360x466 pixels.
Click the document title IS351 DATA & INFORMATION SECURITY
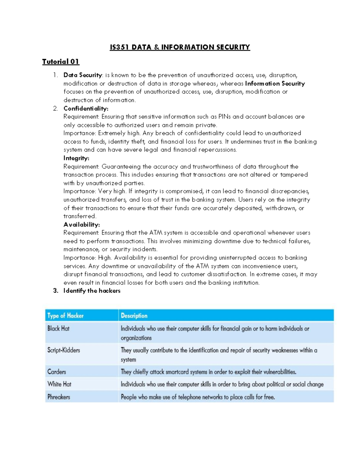click(180, 47)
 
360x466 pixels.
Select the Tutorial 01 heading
click(61, 62)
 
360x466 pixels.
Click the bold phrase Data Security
click(82, 75)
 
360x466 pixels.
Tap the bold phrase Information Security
click(275, 84)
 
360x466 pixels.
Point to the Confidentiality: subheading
click(86, 109)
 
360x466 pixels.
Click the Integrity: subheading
click(76, 158)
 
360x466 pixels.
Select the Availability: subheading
click(82, 224)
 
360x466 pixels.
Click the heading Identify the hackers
click(92, 291)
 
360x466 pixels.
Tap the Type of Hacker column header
click(65, 316)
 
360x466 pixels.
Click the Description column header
click(134, 316)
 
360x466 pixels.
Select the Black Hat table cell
click(58, 329)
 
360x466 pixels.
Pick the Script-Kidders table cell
click(64, 350)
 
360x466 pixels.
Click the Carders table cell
click(57, 372)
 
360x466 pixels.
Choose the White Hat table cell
click(59, 384)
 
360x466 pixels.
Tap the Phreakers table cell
click(59, 397)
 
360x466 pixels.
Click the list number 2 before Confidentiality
click(55, 109)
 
